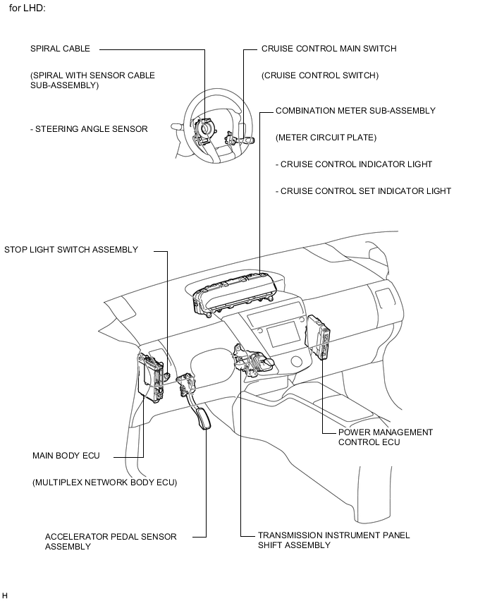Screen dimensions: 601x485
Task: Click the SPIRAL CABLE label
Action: click(60, 49)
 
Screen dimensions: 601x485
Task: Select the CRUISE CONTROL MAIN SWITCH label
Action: click(329, 49)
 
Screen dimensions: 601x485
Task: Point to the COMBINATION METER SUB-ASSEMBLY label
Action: click(355, 111)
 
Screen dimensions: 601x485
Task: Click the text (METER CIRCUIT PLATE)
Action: click(326, 138)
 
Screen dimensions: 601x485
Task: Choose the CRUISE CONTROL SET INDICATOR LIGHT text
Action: click(363, 191)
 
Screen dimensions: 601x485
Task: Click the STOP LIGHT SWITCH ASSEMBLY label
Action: click(71, 250)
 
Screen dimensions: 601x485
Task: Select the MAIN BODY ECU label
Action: click(66, 456)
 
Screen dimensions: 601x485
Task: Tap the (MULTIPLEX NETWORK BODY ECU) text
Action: click(104, 482)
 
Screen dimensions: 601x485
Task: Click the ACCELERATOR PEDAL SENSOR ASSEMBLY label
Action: click(111, 541)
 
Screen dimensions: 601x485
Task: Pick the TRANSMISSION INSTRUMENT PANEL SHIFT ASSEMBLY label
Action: click(333, 540)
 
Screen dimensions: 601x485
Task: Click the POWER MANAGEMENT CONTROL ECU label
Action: click(386, 437)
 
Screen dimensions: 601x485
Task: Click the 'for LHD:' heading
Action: click(27, 9)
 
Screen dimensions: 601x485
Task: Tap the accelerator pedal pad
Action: click(205, 419)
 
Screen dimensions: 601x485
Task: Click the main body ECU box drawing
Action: click(151, 373)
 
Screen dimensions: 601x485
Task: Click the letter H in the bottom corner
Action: click(5, 595)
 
